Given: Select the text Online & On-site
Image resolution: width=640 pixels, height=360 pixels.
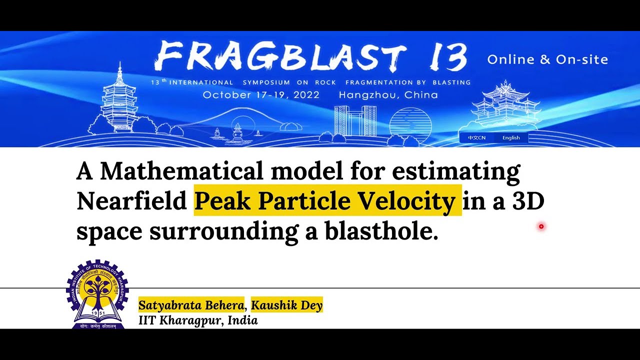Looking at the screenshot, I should [547, 60].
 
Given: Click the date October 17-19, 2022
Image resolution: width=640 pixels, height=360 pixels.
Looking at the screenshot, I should [261, 95].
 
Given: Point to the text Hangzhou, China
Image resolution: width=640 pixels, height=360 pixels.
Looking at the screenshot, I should [388, 95].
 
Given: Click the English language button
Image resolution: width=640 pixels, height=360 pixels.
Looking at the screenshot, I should [511, 138].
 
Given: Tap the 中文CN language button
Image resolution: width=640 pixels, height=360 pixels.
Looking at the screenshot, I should [476, 138].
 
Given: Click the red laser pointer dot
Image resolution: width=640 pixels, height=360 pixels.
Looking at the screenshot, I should [541, 227].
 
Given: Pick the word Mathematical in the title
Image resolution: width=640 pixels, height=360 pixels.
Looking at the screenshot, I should [181, 171].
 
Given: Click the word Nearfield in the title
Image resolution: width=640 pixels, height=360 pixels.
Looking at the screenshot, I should [131, 201].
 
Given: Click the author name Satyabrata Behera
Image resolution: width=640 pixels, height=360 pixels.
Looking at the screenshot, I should [191, 305].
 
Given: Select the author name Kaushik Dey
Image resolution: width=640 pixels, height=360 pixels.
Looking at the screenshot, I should [286, 305].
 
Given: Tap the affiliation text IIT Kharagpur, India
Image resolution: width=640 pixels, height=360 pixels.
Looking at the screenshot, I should [198, 320].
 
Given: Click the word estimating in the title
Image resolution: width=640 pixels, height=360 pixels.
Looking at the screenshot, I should [456, 171].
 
